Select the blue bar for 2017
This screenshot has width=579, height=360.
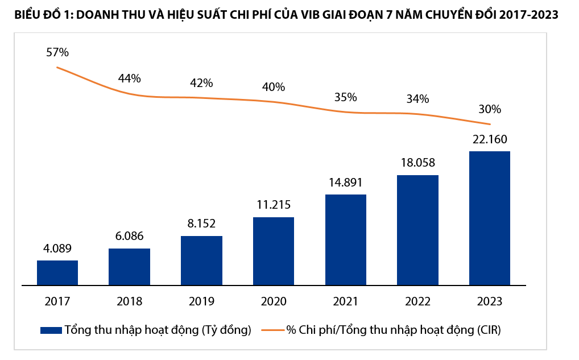click(57, 272)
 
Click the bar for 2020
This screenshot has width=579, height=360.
click(274, 251)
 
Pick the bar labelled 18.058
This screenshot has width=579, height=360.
click(417, 230)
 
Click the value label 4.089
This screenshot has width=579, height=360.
click(57, 249)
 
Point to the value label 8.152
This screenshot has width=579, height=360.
click(201, 224)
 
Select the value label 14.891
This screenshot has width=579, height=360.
click(345, 183)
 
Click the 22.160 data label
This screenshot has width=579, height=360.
click(489, 139)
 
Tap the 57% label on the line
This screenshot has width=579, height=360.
click(57, 52)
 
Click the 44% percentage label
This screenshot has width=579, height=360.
click(129, 78)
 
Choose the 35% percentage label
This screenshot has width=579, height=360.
click(345, 97)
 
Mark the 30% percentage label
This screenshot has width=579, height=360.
click(489, 109)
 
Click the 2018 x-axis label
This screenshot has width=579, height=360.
click(129, 301)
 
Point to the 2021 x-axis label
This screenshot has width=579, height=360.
click(345, 301)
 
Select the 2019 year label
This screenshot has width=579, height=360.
click(201, 301)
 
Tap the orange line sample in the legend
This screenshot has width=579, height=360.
click(272, 330)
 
